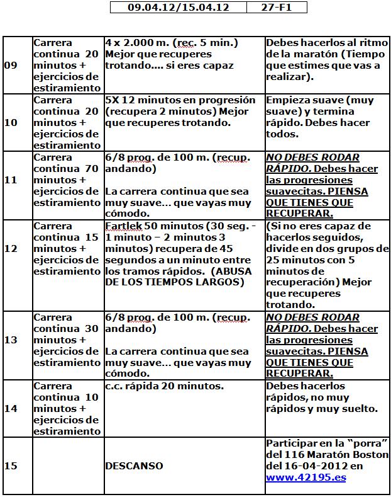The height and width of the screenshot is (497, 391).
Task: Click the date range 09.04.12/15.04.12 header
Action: click(x=178, y=8)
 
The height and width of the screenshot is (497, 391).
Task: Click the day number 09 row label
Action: click(x=11, y=66)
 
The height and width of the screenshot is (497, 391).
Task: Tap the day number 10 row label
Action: click(x=11, y=122)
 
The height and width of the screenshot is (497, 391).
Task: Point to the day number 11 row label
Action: click(x=11, y=180)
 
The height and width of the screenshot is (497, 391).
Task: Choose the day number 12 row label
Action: click(x=11, y=265)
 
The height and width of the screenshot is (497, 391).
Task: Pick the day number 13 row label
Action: click(x=11, y=340)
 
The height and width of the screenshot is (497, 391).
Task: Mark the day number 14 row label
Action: click(x=11, y=408)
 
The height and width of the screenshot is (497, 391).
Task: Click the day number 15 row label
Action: click(x=11, y=466)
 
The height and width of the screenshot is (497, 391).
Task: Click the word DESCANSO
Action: click(x=134, y=466)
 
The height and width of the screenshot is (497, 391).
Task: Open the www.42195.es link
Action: click(x=306, y=477)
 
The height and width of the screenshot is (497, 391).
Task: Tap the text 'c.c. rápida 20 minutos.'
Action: click(x=164, y=386)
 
